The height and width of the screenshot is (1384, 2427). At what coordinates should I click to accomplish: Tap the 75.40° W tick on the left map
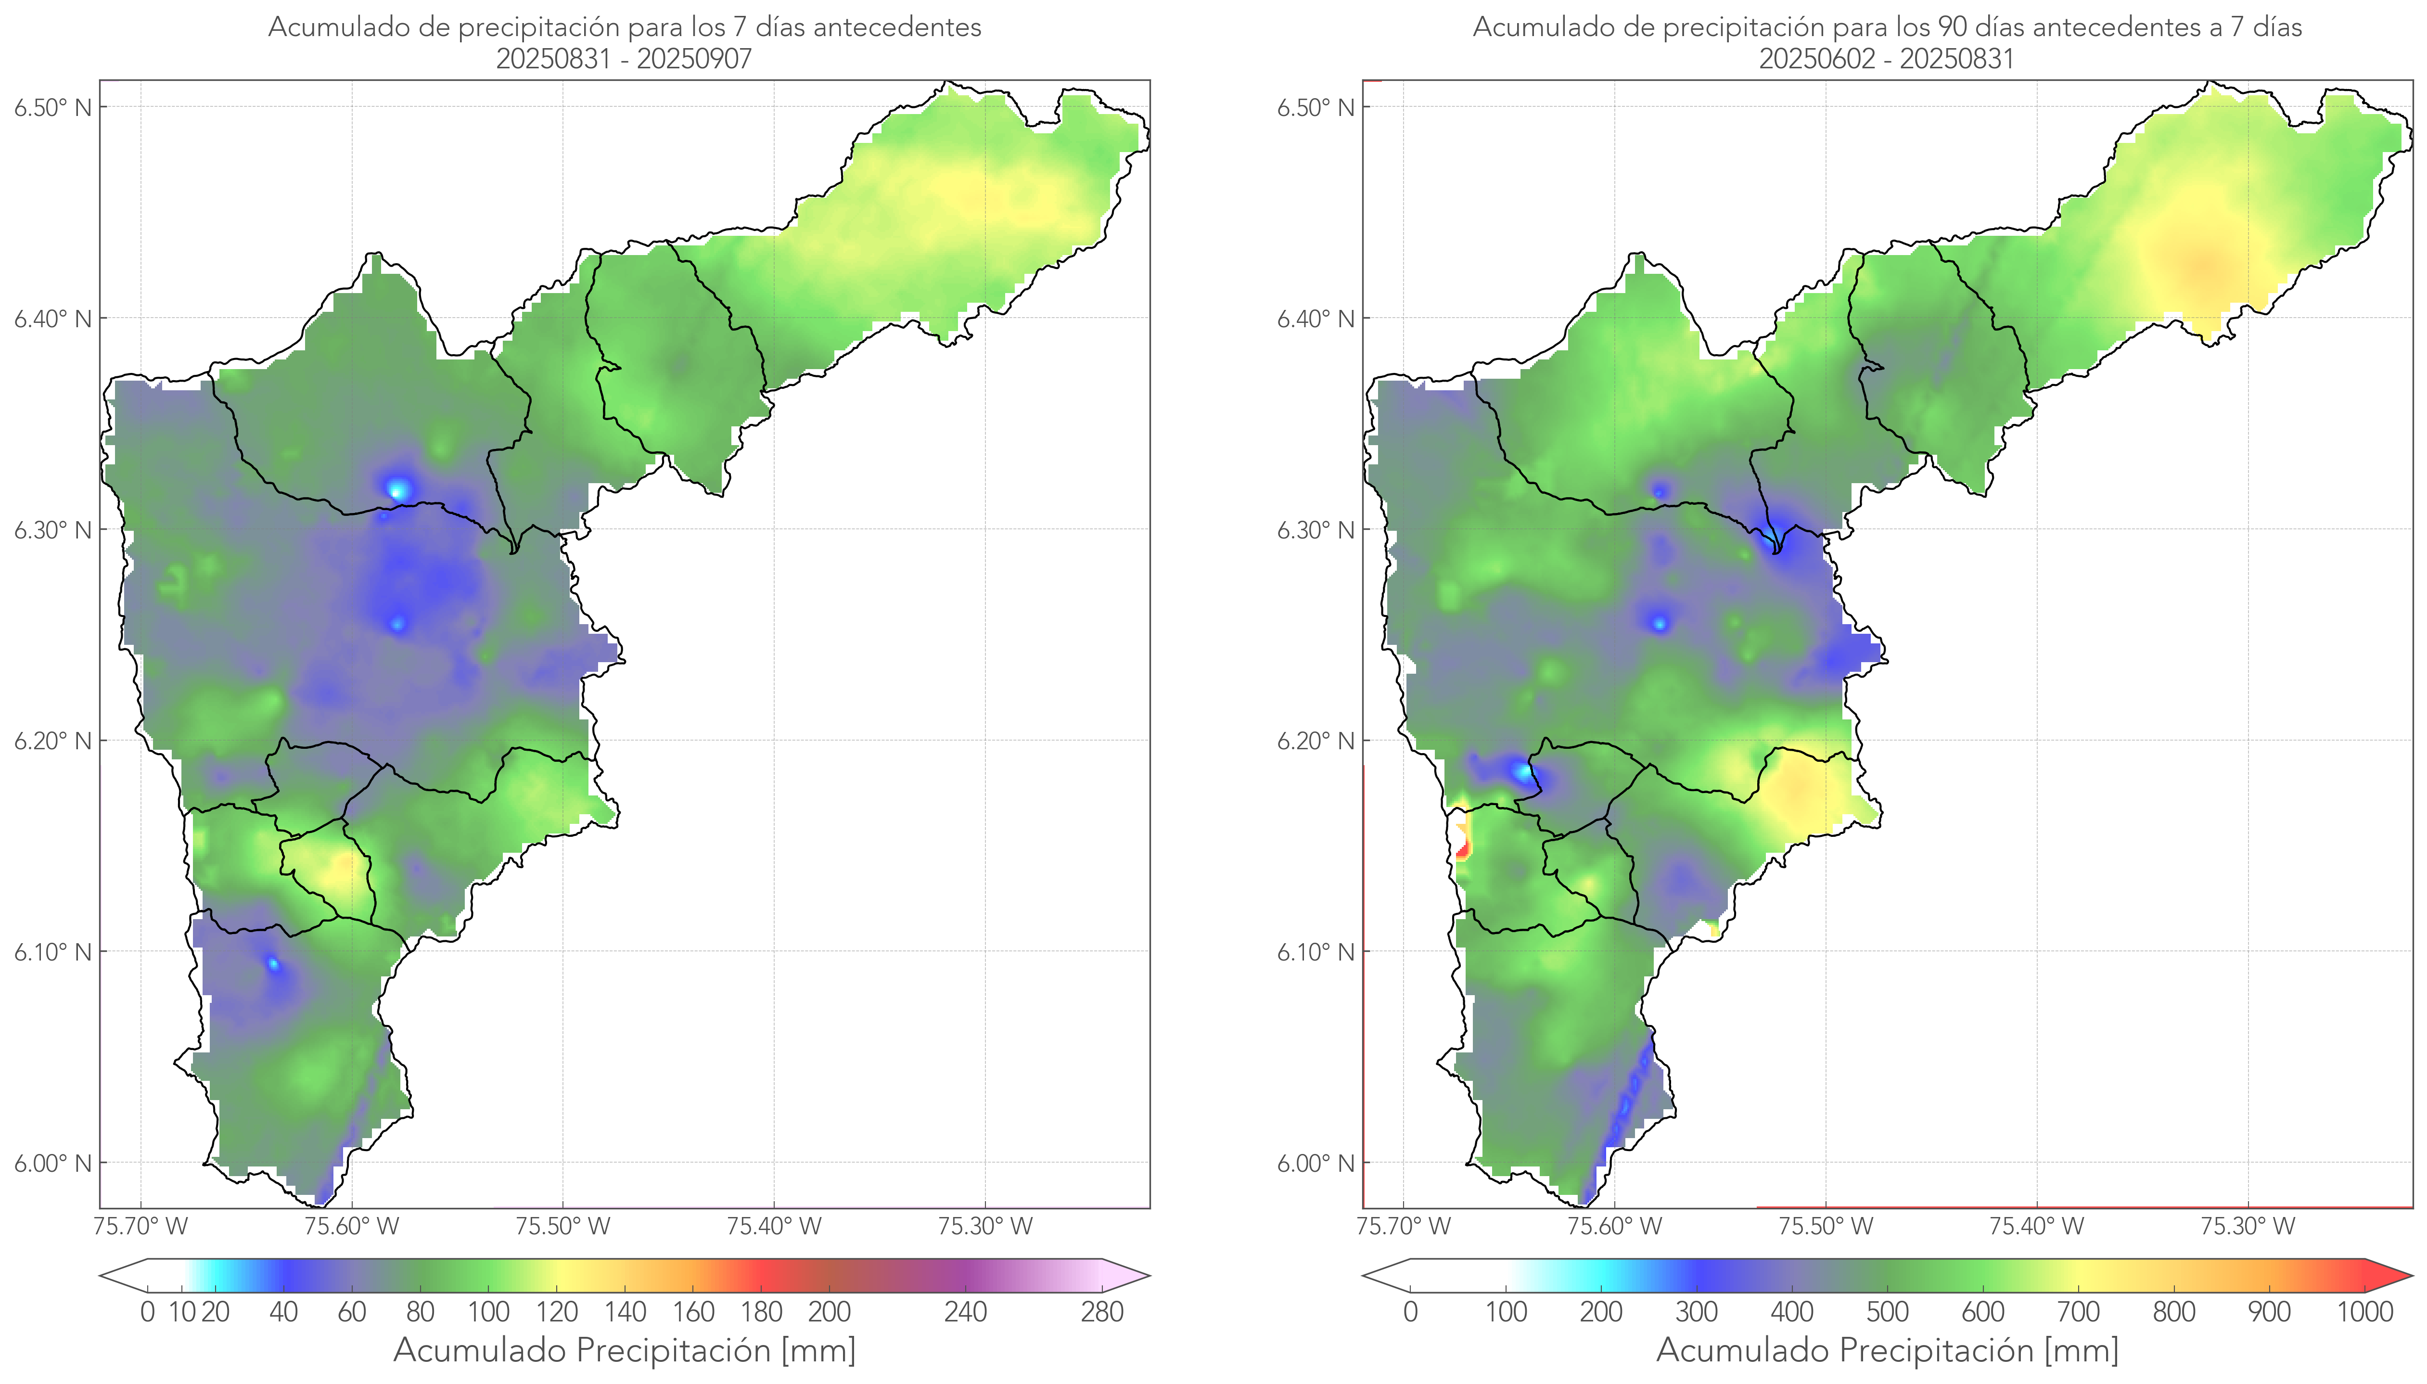pos(774,1226)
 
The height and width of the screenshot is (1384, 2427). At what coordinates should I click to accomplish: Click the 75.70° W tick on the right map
pos(1404,1226)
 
